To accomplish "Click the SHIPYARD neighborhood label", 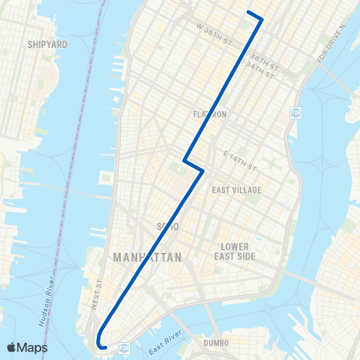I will [x=47, y=44].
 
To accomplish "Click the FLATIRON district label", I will [x=209, y=115].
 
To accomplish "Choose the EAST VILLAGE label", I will [x=236, y=190].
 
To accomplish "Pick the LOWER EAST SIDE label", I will [x=238, y=251].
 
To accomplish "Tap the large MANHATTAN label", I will [x=147, y=257].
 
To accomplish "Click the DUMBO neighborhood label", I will [x=208, y=343].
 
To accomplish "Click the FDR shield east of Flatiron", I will [x=295, y=112].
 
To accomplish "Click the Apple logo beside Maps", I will [x=13, y=347].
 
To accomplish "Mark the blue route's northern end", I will [x=248, y=12].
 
